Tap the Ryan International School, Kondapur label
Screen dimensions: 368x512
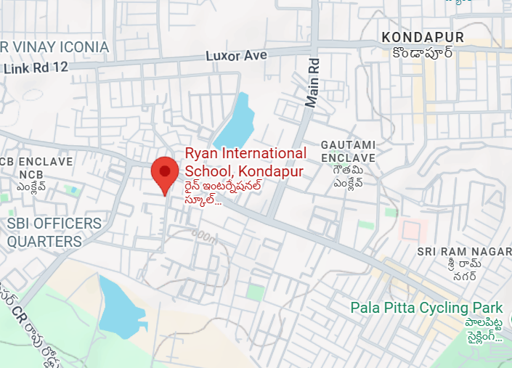(245, 162)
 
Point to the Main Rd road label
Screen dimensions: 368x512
(312, 83)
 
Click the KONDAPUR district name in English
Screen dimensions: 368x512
(423, 37)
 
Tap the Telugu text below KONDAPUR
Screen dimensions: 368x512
(423, 53)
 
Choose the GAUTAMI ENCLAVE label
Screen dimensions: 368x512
(348, 151)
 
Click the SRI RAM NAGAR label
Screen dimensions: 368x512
(464, 250)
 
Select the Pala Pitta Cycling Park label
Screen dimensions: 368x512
(426, 307)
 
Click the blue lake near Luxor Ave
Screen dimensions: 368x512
(234, 123)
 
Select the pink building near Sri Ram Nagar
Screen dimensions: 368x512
(412, 231)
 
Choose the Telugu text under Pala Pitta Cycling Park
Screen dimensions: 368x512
(484, 329)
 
